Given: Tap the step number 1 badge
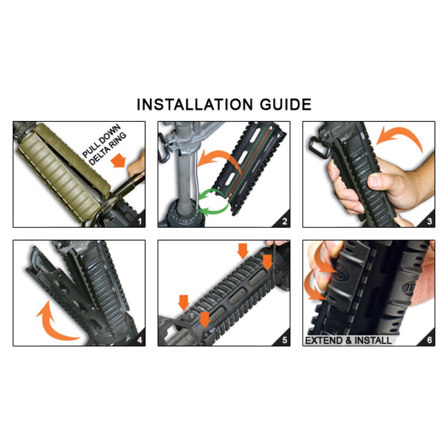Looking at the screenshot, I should click(139, 221).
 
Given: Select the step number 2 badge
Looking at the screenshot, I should click(284, 221).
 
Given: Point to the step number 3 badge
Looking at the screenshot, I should click(429, 221).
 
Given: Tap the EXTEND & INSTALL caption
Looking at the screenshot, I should click(348, 340).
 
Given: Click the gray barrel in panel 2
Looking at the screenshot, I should click(184, 175).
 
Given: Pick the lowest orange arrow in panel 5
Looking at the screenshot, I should click(204, 319).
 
